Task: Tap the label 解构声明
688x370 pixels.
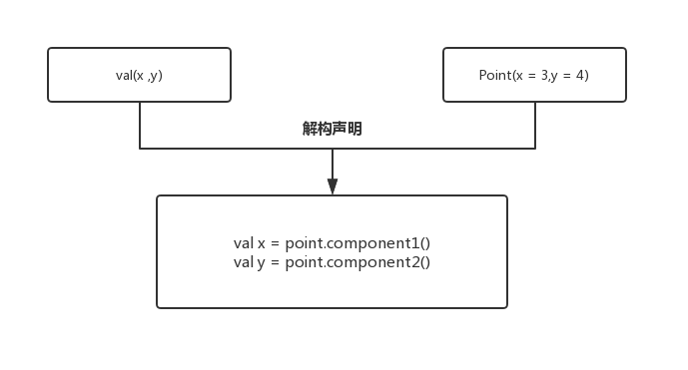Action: [332, 129]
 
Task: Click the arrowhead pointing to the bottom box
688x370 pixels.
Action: [333, 186]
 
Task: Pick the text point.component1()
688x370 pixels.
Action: [357, 243]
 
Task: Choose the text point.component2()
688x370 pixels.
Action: [357, 262]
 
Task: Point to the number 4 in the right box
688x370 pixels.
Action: [582, 75]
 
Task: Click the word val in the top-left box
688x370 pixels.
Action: [124, 75]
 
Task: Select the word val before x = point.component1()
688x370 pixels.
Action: [244, 243]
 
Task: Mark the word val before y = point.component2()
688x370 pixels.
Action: [244, 262]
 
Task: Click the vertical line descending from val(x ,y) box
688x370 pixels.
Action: [140, 125]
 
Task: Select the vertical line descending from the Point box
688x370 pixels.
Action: [535, 125]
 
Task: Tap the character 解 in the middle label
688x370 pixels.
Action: [310, 129]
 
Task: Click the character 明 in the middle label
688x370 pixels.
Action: [354, 129]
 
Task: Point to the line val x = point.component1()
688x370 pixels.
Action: [332, 243]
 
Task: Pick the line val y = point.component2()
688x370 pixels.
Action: [332, 262]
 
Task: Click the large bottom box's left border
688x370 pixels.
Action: [157, 251]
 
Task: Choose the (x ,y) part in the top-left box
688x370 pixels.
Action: [148, 75]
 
